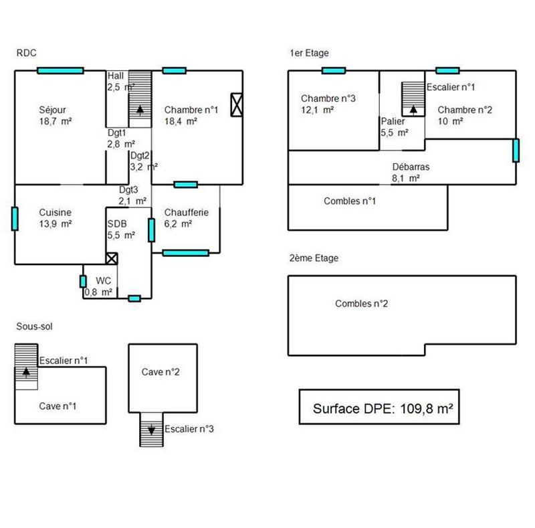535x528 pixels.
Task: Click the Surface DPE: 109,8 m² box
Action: click(379, 407)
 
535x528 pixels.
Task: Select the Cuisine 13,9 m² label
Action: click(55, 218)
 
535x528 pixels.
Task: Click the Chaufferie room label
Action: click(186, 218)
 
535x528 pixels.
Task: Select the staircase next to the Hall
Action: click(140, 98)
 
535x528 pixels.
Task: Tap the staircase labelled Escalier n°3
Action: click(150, 429)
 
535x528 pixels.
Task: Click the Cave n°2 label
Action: click(160, 372)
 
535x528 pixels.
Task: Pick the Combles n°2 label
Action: click(361, 304)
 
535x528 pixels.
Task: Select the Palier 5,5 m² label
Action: click(394, 127)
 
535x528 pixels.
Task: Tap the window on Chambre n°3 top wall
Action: click(333, 70)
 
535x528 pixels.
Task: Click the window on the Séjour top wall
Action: click(60, 70)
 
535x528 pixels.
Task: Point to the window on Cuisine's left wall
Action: click(15, 217)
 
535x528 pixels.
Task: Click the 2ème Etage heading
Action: click(314, 258)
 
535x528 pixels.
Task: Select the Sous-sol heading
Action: click(34, 327)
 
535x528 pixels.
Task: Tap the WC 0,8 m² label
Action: click(99, 286)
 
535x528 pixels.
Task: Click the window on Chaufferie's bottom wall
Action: click(185, 252)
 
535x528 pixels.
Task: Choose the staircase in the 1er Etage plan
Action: click(413, 98)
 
